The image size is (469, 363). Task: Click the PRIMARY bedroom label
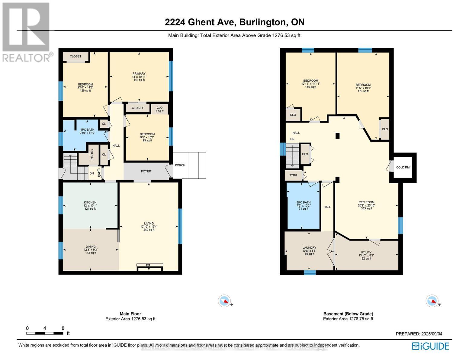[x=139, y=74]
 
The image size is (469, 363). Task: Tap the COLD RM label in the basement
[x=403, y=167]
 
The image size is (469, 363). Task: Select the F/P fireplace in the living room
[x=148, y=266]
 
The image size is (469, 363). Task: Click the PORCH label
[x=180, y=165]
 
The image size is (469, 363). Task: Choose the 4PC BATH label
[x=87, y=130]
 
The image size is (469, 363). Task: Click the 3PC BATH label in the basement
[x=304, y=203]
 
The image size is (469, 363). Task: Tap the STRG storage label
[x=293, y=175]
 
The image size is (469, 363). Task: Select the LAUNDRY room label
[x=309, y=248]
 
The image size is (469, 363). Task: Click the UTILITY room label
[x=366, y=252]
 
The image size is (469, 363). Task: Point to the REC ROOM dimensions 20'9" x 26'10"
[x=366, y=205]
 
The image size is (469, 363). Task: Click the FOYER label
[x=146, y=172]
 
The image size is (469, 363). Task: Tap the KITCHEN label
[x=90, y=203]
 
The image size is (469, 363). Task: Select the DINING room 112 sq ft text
[x=91, y=253]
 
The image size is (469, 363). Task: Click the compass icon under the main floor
[x=224, y=301]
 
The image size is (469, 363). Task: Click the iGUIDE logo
[x=430, y=346]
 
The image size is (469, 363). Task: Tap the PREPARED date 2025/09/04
[x=419, y=334]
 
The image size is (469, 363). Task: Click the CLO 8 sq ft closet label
[x=159, y=109]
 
